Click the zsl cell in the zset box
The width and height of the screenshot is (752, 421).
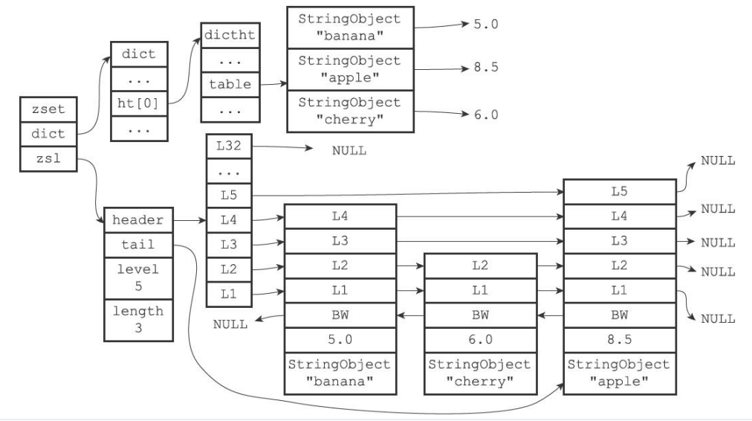pyautogui.click(x=48, y=159)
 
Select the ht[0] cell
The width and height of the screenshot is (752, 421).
pyautogui.click(x=139, y=103)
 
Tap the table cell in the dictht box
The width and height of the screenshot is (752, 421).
pyautogui.click(x=230, y=85)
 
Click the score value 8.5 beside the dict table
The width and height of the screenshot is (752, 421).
pyautogui.click(x=486, y=67)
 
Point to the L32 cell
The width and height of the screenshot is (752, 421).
pyautogui.click(x=229, y=146)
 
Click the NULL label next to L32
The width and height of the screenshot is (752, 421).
pyautogui.click(x=349, y=151)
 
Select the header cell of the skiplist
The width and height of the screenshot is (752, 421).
pyautogui.click(x=138, y=220)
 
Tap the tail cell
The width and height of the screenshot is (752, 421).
pyautogui.click(x=138, y=245)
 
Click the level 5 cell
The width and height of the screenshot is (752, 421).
pyautogui.click(x=138, y=278)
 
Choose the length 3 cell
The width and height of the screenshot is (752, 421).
pyautogui.click(x=138, y=320)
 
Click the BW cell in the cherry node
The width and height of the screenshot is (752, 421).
pyautogui.click(x=480, y=315)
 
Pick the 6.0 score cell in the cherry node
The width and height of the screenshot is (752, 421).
pyautogui.click(x=480, y=341)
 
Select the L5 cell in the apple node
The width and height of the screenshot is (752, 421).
pyautogui.click(x=620, y=192)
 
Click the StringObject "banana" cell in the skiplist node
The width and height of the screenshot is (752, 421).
pyautogui.click(x=340, y=373)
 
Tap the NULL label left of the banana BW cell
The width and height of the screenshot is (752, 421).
pyautogui.click(x=230, y=324)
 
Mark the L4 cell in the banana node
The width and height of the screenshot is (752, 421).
pyautogui.click(x=340, y=216)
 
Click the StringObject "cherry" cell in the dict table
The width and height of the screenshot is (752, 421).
pyautogui.click(x=350, y=111)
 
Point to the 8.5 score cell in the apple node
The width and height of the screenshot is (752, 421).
pyautogui.click(x=620, y=341)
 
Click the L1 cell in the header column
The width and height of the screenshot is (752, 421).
pyautogui.click(x=229, y=294)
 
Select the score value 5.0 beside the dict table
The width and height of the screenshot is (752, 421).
pyautogui.click(x=486, y=25)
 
